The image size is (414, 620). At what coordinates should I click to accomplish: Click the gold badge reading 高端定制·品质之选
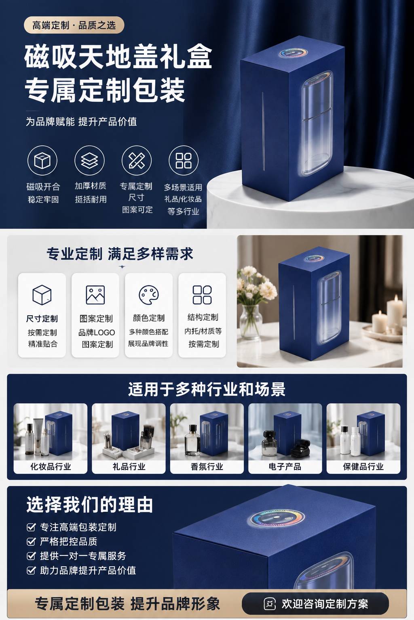(x=74, y=25)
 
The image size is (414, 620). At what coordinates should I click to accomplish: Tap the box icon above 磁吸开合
(x=42, y=161)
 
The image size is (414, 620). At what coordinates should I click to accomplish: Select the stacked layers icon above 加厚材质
(x=89, y=161)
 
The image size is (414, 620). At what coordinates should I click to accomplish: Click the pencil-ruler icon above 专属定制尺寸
(x=136, y=161)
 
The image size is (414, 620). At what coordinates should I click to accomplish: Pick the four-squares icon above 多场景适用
(x=184, y=161)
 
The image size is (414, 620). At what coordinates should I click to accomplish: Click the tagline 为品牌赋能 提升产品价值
(x=81, y=121)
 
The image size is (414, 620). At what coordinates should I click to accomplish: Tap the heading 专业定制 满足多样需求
(x=120, y=254)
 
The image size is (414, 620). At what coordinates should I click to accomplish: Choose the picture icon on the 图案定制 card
(x=95, y=295)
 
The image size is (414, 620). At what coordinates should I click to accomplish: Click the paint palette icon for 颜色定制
(x=149, y=295)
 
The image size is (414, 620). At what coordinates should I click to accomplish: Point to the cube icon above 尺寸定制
(x=42, y=295)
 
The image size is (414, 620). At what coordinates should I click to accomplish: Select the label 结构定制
(x=203, y=317)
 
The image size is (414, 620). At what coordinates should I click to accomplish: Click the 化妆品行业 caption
(x=51, y=467)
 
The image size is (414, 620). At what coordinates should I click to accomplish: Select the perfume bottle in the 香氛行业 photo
(x=192, y=440)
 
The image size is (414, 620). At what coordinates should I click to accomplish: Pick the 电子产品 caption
(x=285, y=467)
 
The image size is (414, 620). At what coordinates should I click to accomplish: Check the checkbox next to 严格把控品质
(x=31, y=541)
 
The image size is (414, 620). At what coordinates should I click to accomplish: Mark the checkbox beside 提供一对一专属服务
(x=31, y=556)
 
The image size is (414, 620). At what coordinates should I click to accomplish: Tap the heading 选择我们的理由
(x=90, y=504)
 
